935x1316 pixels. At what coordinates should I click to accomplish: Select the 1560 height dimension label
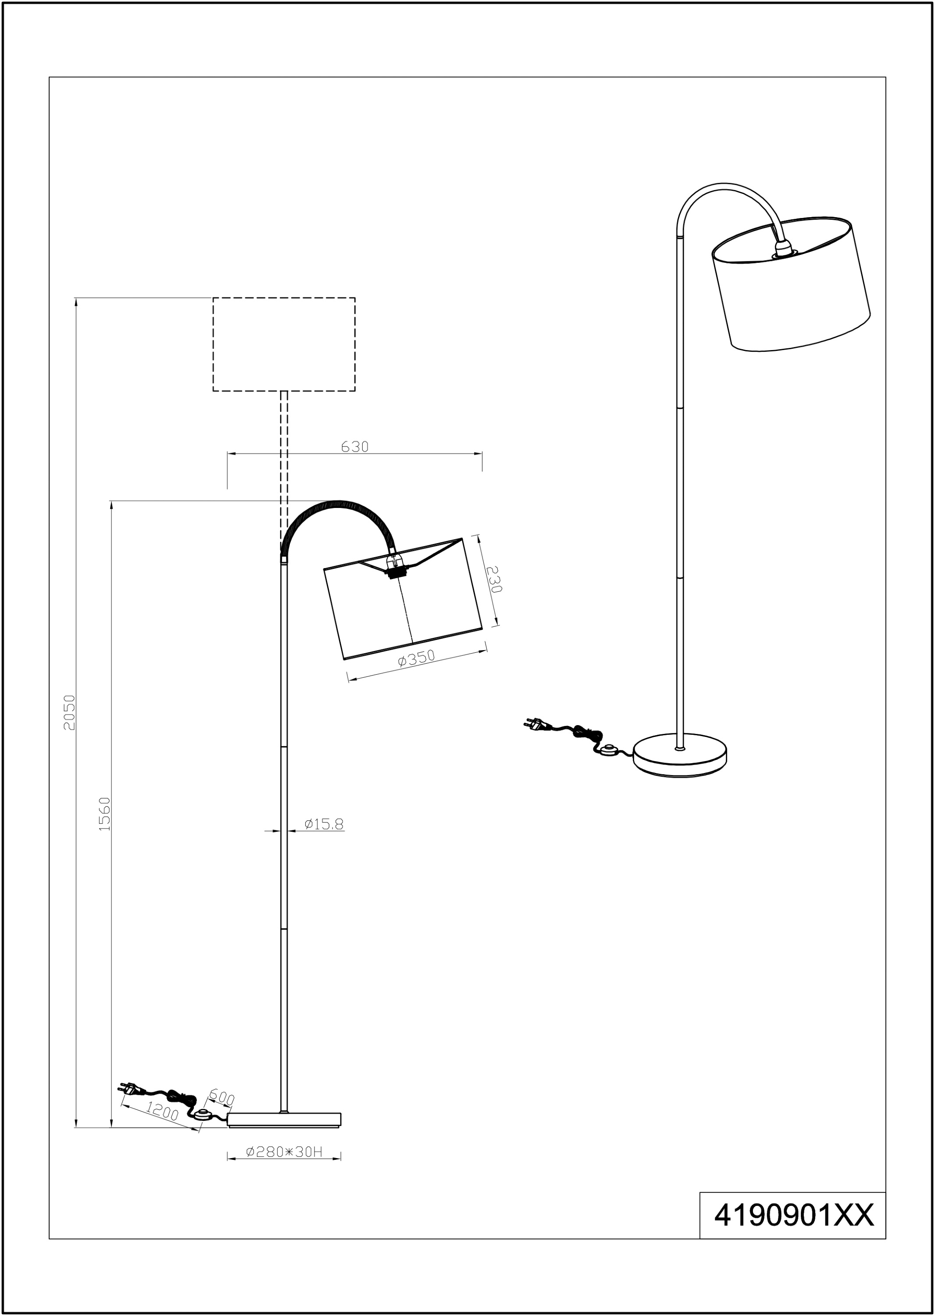point(104,814)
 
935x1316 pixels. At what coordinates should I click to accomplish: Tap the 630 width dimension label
point(355,447)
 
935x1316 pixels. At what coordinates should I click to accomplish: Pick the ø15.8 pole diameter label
point(324,825)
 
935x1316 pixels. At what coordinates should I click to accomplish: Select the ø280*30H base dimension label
point(284,1151)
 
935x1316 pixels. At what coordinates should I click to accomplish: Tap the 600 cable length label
point(221,1097)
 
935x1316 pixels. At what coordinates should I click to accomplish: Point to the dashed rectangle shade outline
point(284,344)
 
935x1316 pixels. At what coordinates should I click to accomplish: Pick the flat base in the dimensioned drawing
point(284,1119)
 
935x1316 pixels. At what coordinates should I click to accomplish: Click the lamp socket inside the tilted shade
point(395,567)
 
